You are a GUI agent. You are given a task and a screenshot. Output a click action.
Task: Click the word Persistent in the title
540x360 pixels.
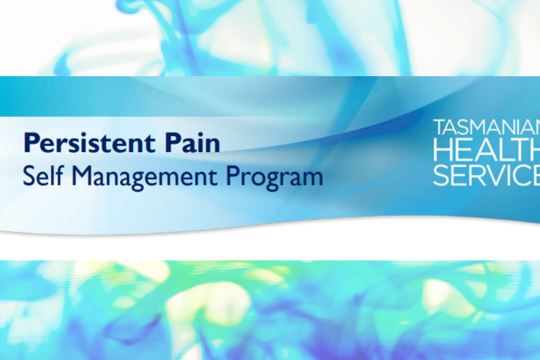[x=89, y=142]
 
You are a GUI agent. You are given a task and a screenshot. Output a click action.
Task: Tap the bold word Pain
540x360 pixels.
[x=192, y=142]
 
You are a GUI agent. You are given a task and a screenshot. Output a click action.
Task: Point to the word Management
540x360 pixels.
[x=144, y=177]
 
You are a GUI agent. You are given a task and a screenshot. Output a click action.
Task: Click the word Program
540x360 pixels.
[x=274, y=177]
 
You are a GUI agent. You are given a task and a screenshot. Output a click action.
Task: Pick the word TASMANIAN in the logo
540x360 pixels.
[x=486, y=127]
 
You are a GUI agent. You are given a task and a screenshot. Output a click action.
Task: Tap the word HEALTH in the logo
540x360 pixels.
[x=486, y=150]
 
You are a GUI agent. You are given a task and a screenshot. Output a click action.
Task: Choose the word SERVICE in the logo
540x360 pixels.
[x=486, y=175]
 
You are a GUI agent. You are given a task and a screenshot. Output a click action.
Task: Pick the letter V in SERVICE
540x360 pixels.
[x=494, y=175]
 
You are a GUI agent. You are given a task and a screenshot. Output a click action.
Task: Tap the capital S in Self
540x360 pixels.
[x=29, y=175]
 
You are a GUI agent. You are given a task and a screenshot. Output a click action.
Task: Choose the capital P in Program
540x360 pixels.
[x=233, y=175]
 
